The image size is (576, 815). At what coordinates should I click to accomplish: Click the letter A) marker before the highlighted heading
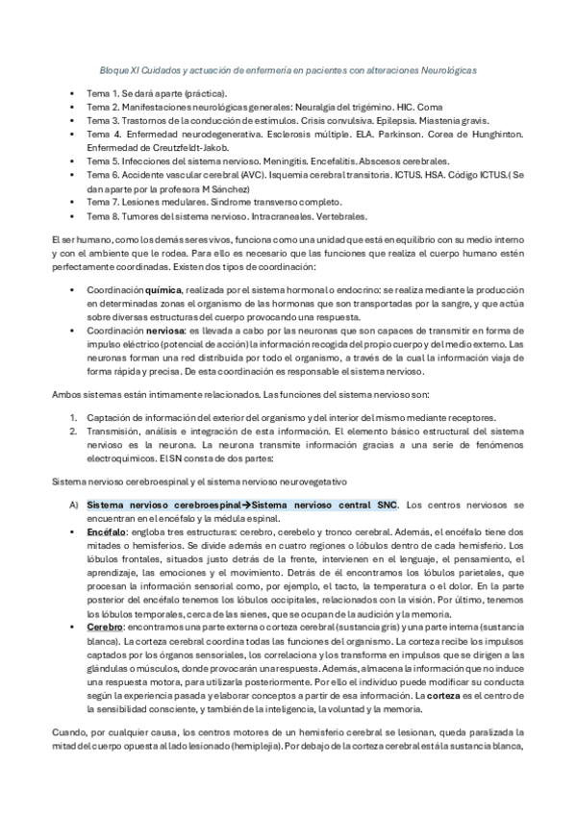pos(73,504)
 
